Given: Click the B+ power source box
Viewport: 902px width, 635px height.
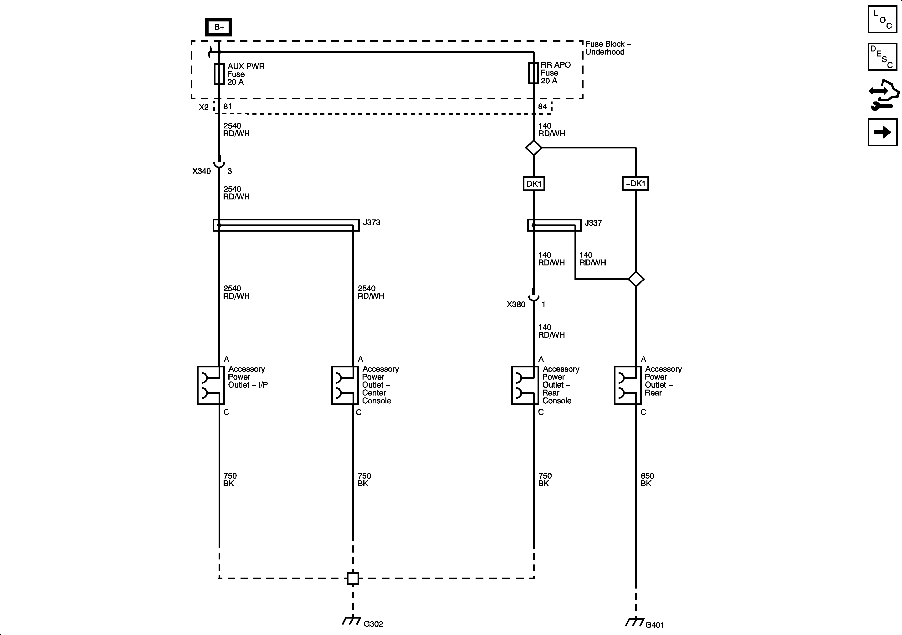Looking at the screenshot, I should pyautogui.click(x=219, y=27).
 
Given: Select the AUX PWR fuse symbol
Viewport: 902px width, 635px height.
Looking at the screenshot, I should pyautogui.click(x=219, y=74).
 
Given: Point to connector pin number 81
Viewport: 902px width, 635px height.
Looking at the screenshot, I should pyautogui.click(x=227, y=107).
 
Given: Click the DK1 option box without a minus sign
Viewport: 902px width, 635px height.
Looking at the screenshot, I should pyautogui.click(x=533, y=184).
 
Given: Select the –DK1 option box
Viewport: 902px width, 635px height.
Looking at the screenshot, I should pyautogui.click(x=635, y=183).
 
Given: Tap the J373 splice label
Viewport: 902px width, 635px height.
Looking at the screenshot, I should pyautogui.click(x=371, y=223).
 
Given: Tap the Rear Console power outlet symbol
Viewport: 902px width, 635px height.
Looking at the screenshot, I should pyautogui.click(x=525, y=385).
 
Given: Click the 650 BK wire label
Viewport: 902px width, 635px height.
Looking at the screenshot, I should pyautogui.click(x=647, y=479).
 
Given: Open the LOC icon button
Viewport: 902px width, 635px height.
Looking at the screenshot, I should pyautogui.click(x=882, y=19).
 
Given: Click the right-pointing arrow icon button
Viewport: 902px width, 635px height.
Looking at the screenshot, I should pyautogui.click(x=882, y=132).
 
